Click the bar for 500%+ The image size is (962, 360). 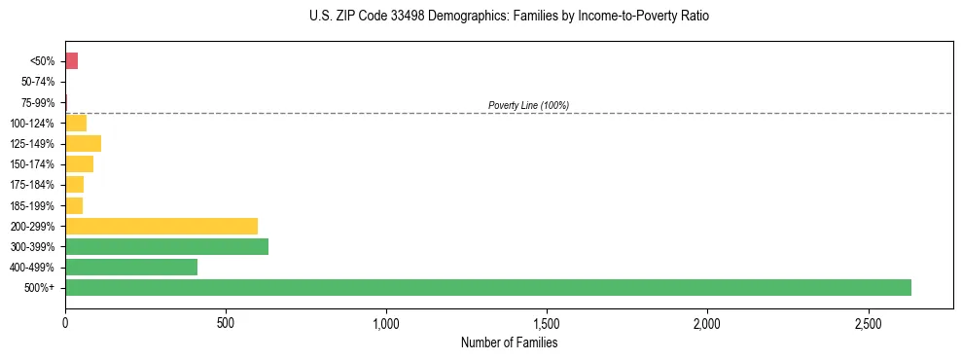coord(487,287)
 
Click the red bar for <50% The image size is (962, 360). coord(71,61)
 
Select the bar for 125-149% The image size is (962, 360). coord(83,144)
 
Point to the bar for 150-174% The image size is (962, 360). coord(79,164)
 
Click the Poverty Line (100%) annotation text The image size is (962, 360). coord(528,105)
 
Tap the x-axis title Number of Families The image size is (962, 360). coord(509,342)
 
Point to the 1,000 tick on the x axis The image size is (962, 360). coord(386,322)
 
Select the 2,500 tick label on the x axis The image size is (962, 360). coord(869,322)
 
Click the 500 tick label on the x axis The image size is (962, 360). coord(226,322)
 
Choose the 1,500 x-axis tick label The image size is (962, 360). coord(547,322)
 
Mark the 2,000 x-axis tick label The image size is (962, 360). coord(707,322)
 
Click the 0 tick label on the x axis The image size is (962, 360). coord(65,322)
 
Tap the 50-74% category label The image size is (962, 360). coord(39,82)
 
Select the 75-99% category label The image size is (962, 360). coord(39,103)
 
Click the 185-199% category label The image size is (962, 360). coord(33,205)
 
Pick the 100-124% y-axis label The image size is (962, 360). coord(33,124)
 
